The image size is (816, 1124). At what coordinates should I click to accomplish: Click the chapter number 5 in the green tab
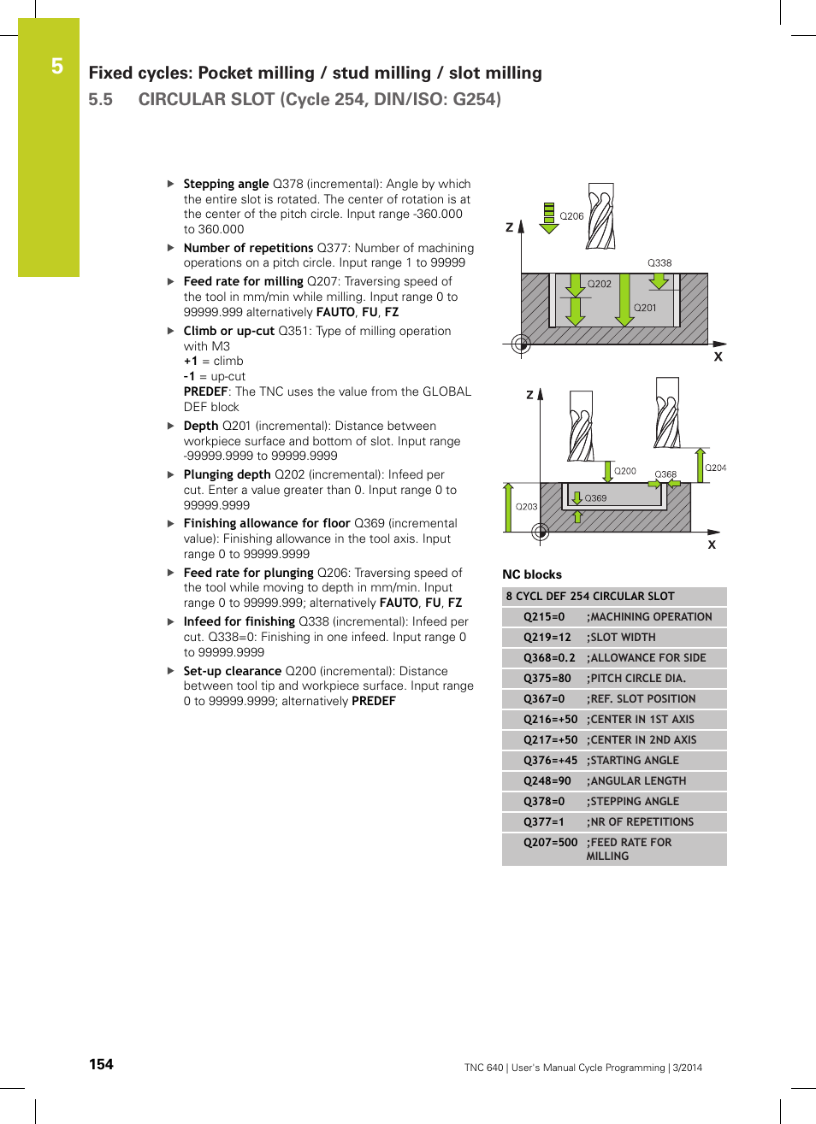[x=56, y=67]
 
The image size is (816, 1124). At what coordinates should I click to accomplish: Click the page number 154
[x=101, y=1064]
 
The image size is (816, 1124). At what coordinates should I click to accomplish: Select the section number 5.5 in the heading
[x=100, y=99]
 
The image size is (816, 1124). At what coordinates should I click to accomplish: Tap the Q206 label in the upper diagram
[x=571, y=216]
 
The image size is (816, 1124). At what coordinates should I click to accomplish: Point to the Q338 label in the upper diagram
[x=659, y=263]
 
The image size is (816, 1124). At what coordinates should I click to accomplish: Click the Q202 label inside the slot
[x=599, y=284]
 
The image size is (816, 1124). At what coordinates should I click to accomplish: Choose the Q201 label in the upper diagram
[x=645, y=308]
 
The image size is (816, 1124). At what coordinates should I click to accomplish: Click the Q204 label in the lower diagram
[x=715, y=468]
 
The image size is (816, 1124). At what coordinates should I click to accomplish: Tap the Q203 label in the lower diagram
[x=526, y=507]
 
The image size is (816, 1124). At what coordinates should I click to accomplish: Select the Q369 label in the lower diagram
[x=595, y=498]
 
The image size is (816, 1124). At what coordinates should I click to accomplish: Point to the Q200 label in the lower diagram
[x=625, y=471]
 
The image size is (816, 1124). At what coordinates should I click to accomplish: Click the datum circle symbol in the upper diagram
[x=521, y=344]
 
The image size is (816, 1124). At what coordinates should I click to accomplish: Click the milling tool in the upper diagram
[x=600, y=215]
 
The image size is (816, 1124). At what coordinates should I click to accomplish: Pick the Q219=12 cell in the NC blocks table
[x=547, y=638]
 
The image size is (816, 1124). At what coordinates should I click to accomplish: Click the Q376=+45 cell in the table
[x=550, y=761]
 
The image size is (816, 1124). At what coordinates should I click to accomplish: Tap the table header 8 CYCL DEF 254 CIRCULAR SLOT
[x=590, y=597]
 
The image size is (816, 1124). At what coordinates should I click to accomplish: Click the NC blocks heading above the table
[x=532, y=574]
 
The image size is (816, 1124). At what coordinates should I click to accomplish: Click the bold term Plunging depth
[x=227, y=474]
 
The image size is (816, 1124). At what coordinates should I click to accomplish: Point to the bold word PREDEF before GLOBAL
[x=205, y=391]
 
